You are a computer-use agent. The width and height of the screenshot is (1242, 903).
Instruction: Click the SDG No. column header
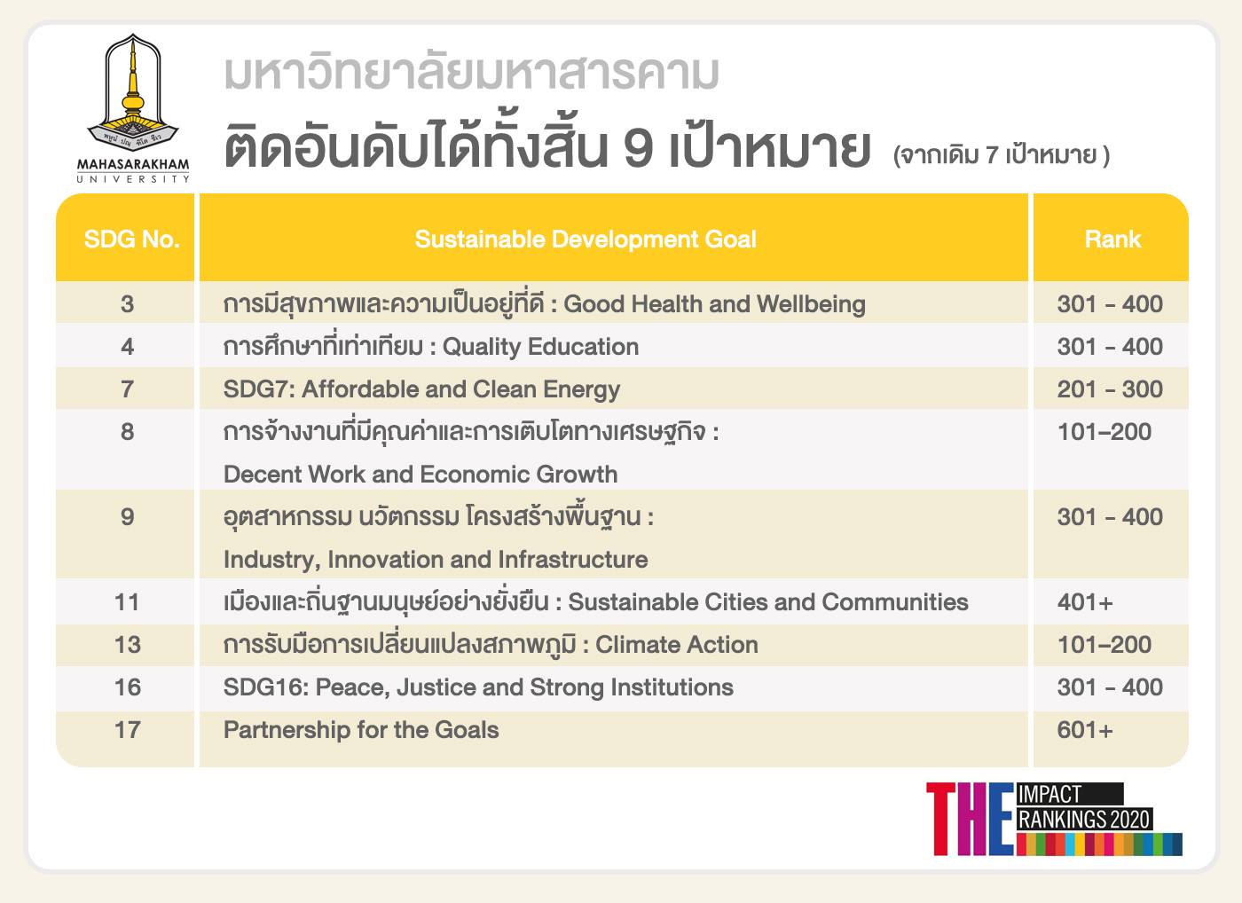(x=131, y=239)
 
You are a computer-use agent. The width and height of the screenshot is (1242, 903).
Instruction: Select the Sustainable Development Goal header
(x=586, y=239)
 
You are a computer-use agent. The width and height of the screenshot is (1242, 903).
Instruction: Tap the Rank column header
(x=1112, y=239)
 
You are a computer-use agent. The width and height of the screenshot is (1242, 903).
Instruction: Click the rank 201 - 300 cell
(x=1110, y=389)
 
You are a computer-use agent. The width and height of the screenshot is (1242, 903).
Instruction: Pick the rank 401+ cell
(x=1085, y=602)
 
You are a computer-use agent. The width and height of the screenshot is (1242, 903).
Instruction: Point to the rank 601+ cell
(x=1085, y=730)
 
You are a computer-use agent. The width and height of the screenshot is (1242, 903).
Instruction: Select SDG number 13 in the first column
(x=128, y=645)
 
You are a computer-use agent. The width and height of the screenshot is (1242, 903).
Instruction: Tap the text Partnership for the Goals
(x=361, y=730)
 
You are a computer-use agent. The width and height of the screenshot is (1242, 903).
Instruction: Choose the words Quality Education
(x=540, y=347)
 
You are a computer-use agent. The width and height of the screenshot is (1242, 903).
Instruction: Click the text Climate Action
(x=676, y=645)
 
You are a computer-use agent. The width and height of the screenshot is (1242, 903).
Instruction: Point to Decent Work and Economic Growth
(x=421, y=475)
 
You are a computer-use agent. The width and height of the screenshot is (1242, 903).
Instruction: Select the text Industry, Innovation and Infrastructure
(x=436, y=560)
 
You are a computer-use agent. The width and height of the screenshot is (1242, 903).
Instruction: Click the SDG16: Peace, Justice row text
(x=478, y=687)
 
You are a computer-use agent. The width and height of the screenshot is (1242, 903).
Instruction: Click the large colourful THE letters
(x=970, y=819)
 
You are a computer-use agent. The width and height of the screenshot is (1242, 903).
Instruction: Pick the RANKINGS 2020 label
(x=1084, y=820)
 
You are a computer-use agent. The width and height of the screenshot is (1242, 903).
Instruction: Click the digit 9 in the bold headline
(x=637, y=149)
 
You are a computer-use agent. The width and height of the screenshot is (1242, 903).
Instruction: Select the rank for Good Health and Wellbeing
(x=1110, y=303)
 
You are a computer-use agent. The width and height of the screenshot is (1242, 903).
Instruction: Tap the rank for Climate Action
(x=1104, y=645)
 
